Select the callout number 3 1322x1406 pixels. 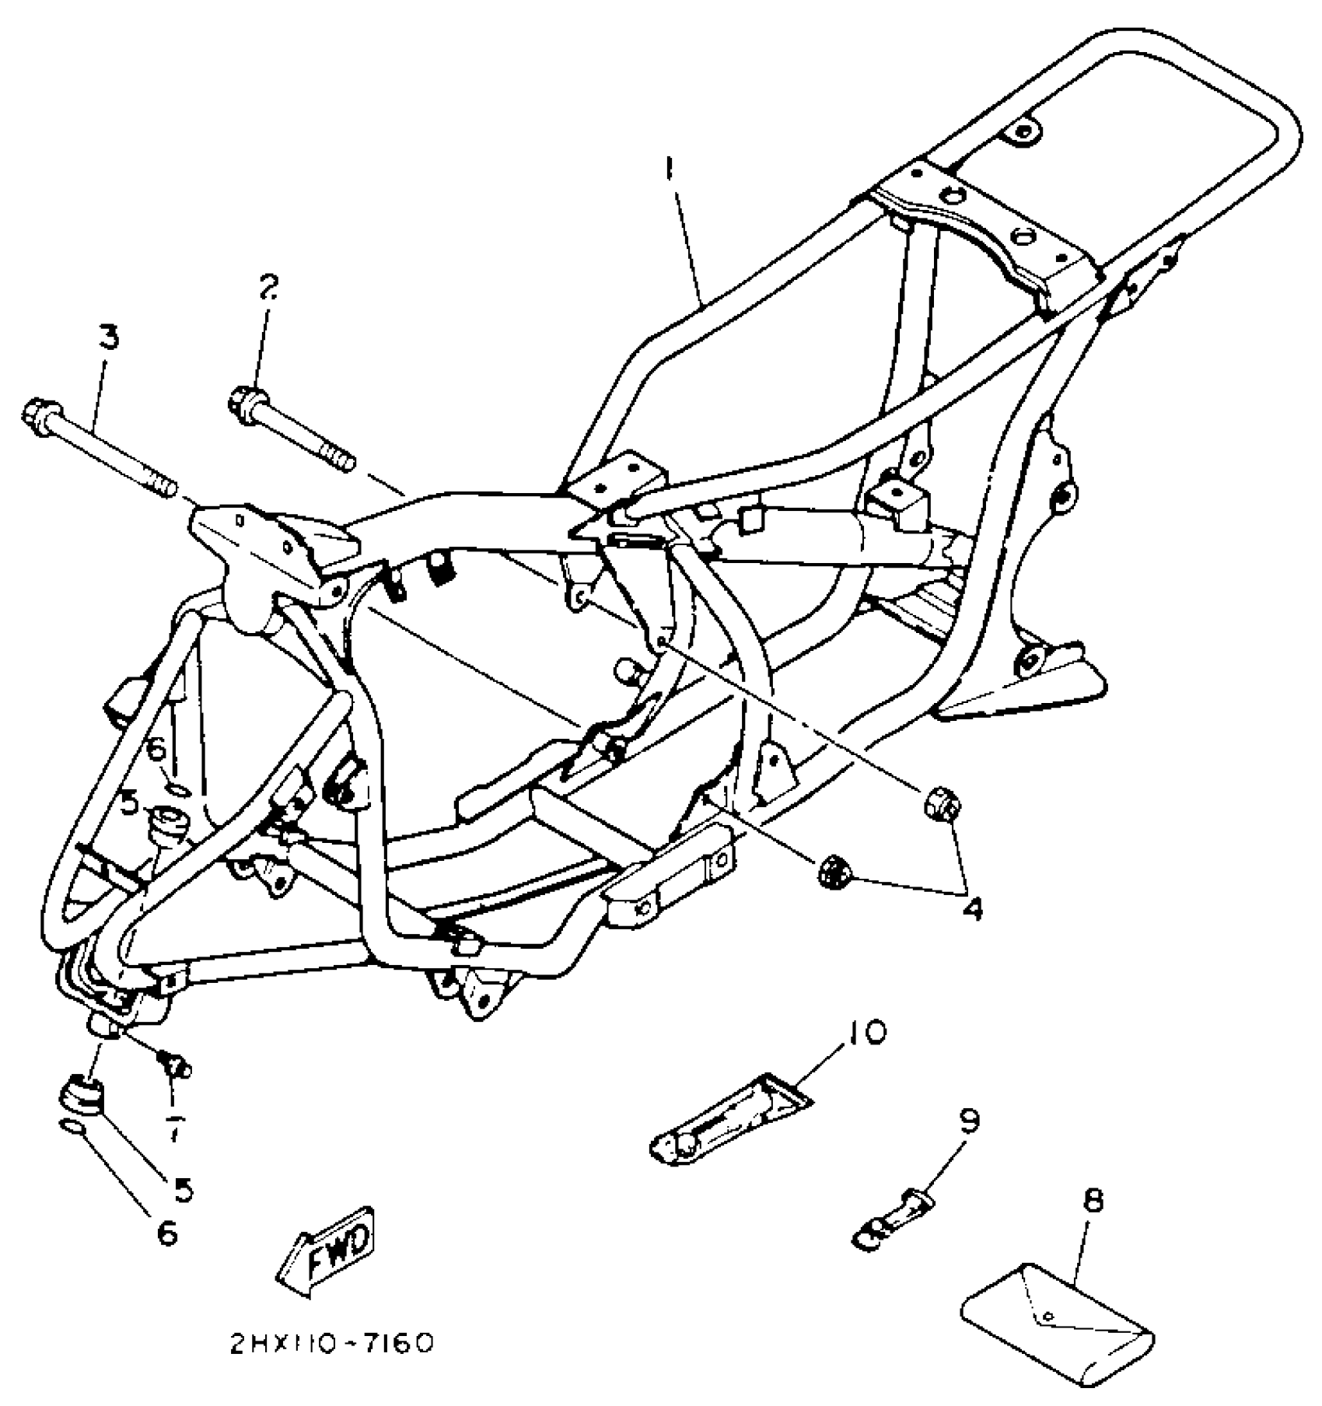pos(107,339)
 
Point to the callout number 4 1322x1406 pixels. pos(971,907)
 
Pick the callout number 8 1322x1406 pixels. pos(1093,1201)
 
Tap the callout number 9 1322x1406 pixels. pos(968,1120)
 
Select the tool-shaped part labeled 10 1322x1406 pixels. pos(727,1124)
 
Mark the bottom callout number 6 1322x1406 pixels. pos(166,1233)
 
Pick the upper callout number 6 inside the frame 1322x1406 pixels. pos(156,750)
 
